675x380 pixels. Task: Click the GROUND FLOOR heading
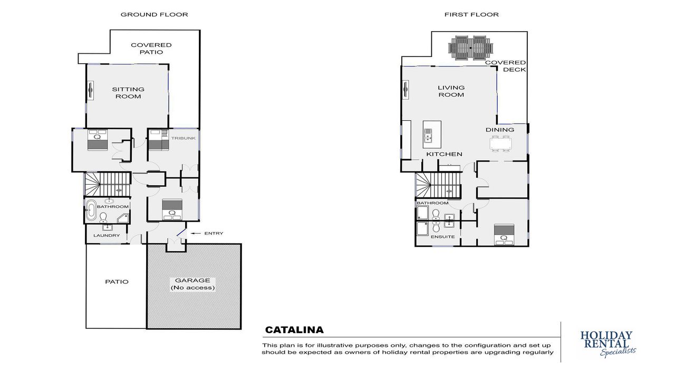155,14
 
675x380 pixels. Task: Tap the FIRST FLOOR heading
471,14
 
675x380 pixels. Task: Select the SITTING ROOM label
128,93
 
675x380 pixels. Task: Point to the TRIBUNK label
184,138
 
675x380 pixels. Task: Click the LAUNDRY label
107,235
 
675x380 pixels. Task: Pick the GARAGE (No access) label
193,284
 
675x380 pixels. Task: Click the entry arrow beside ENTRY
196,233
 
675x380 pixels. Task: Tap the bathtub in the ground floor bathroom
91,210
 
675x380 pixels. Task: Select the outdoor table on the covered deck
471,47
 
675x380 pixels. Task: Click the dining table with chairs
500,144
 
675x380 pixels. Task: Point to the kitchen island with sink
432,134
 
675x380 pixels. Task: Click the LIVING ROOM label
451,91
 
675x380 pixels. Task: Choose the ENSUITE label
442,237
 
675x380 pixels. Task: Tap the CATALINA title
294,330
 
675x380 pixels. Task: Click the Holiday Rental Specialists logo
607,344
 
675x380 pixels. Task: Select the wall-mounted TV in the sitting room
90,90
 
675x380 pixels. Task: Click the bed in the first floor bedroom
504,235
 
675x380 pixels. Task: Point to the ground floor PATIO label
117,282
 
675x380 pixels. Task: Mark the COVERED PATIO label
151,49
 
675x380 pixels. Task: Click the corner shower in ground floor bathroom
123,218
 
